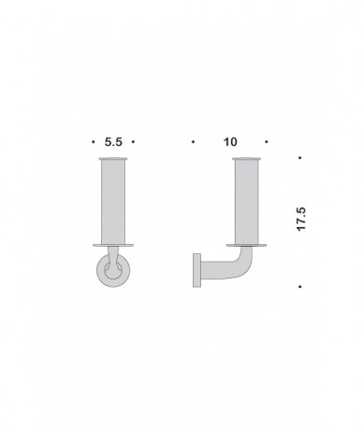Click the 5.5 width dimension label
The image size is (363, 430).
(113, 142)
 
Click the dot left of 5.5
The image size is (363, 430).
(94, 142)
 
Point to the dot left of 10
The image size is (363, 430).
(192, 142)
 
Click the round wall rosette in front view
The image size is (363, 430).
(113, 272)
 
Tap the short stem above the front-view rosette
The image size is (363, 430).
(114, 257)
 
